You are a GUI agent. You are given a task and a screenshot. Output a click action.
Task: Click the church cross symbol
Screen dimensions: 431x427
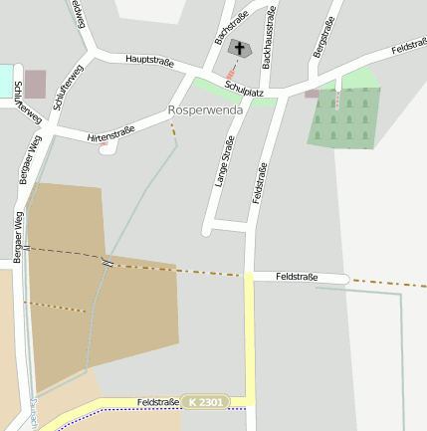tap(240, 47)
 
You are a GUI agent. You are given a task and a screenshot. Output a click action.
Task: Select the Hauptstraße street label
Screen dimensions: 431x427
tap(149, 61)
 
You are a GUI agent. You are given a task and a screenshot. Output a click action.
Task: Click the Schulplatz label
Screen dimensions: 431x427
tap(244, 91)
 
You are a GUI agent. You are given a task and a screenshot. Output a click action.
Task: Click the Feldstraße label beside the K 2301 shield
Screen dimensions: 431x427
tap(158, 401)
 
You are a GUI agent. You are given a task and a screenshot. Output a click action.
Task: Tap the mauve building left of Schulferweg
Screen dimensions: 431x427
tap(35, 84)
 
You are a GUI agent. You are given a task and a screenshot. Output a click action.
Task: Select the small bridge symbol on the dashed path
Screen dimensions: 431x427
tap(106, 262)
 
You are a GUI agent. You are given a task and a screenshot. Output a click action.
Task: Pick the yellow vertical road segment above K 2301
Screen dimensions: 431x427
tap(249, 338)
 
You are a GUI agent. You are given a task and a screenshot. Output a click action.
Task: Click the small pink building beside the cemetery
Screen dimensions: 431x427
tap(312, 94)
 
